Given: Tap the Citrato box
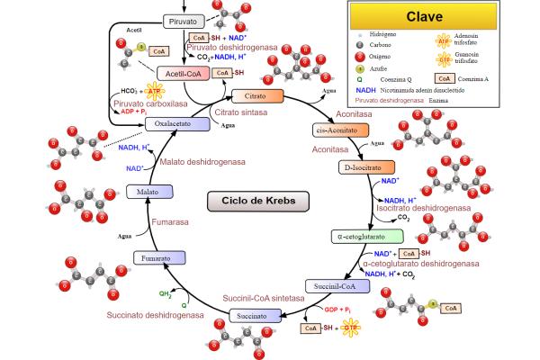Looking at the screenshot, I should [x=257, y=95].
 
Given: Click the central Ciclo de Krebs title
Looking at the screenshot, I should [x=251, y=202].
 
